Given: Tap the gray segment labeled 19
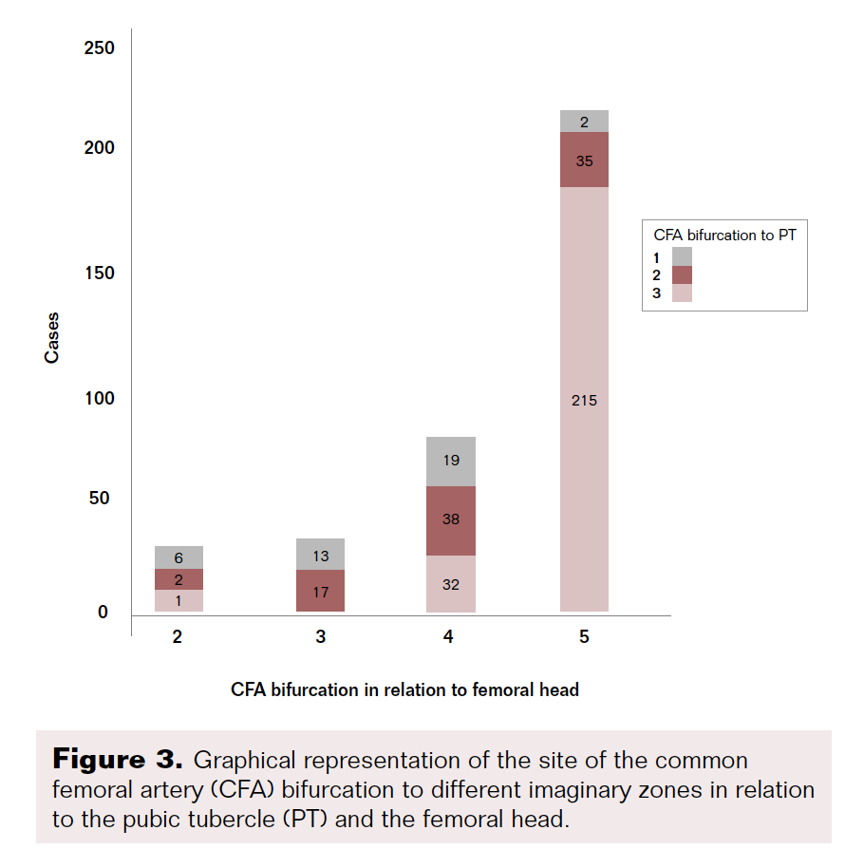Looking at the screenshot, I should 450,462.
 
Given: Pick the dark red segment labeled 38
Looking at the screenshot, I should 450,520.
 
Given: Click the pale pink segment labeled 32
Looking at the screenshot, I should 450,584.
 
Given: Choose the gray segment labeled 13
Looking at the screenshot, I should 320,555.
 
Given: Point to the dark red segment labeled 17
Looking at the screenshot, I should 320,591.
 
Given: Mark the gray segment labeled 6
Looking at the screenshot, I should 178,557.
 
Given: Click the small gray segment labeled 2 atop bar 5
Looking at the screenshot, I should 584,122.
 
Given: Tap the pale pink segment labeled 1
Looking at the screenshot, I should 178,601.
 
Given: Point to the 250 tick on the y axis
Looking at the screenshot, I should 100,47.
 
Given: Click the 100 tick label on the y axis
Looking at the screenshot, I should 100,398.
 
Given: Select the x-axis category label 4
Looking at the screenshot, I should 449,637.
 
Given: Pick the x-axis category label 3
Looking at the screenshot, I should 320,637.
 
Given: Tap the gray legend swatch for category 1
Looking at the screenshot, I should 682,256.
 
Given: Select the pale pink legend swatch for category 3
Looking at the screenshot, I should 682,293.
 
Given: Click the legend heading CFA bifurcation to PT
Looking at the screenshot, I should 724,235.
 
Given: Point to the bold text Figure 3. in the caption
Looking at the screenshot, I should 117,760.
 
